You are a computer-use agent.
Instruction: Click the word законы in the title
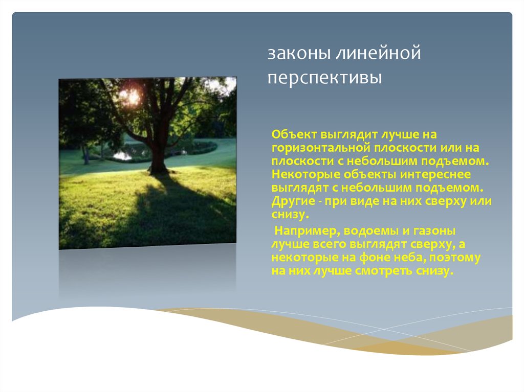coord(299,54)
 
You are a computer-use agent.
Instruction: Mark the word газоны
coord(434,231)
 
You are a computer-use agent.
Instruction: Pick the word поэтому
coord(455,258)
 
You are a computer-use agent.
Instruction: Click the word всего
coord(329,244)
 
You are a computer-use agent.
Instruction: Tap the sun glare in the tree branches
coord(129,96)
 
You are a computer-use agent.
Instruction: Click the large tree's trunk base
coord(158,167)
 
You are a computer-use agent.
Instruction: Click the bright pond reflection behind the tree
coord(122,155)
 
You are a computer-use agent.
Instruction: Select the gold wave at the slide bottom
coord(367,331)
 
